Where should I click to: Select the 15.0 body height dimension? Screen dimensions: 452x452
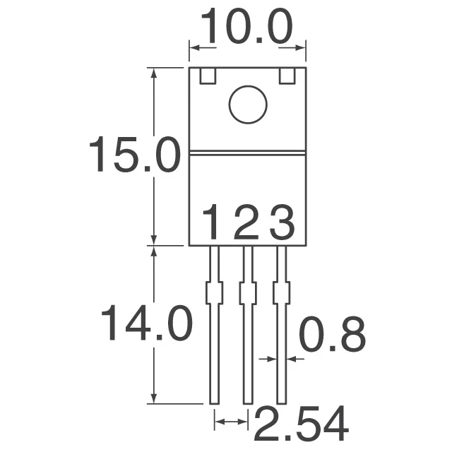[x=133, y=156]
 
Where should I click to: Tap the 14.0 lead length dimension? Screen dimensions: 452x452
[x=146, y=324]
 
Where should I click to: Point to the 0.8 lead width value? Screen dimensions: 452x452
[x=332, y=335]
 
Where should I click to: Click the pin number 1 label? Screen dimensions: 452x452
[x=213, y=225]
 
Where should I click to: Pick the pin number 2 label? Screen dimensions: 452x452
[x=247, y=225]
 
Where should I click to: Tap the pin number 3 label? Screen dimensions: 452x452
[x=282, y=225]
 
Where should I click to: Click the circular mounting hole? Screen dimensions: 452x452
[x=248, y=105]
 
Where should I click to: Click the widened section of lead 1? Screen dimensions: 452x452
[x=214, y=292]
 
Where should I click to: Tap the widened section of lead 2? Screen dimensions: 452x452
[x=248, y=292]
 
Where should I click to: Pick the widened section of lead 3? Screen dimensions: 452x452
[x=282, y=292]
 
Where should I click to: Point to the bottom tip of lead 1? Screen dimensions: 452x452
[x=214, y=401]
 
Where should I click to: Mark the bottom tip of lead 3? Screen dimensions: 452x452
[x=282, y=401]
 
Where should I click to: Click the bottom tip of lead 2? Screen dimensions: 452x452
[x=248, y=401]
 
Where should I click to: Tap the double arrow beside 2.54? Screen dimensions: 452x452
[x=231, y=422]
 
